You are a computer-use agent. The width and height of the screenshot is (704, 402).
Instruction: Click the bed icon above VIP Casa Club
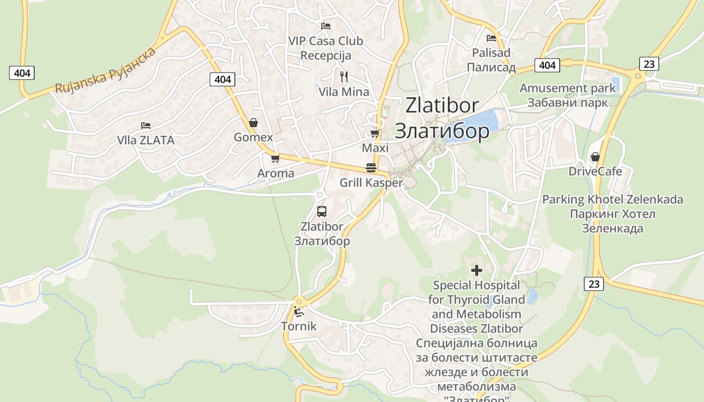pos(326,26)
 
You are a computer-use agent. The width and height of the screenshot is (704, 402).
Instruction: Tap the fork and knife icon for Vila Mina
pos(344,77)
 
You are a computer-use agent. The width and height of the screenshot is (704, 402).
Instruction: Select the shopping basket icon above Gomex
pos(253,123)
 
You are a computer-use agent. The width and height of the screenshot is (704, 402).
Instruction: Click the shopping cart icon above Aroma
pos(275,158)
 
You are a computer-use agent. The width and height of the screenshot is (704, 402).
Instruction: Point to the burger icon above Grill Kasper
pos(371,168)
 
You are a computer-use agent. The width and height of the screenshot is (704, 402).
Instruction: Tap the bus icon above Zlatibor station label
pos(322,212)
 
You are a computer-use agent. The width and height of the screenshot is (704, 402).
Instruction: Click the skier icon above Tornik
pos(299,311)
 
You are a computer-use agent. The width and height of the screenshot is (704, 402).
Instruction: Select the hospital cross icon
pos(476,270)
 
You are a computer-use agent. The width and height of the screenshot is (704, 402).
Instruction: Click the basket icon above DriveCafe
pos(595,157)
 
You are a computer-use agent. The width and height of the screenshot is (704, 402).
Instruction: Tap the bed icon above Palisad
pos(491,38)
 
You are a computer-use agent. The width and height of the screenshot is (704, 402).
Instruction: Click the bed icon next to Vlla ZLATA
pos(146,125)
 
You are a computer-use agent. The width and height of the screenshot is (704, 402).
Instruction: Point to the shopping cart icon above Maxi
pos(375,133)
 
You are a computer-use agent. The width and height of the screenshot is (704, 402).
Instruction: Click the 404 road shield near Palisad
pos(547,65)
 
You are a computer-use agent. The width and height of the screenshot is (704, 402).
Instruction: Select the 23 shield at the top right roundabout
pos(649,64)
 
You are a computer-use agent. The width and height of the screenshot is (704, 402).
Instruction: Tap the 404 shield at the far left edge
pos(22,73)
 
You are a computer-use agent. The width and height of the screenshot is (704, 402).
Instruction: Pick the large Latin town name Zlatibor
pos(442,106)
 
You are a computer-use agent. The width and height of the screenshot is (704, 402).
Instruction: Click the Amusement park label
pos(567,88)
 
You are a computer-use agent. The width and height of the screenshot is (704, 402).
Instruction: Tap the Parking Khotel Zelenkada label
pos(612,199)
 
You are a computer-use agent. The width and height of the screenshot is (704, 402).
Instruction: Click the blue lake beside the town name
pos(478,124)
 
